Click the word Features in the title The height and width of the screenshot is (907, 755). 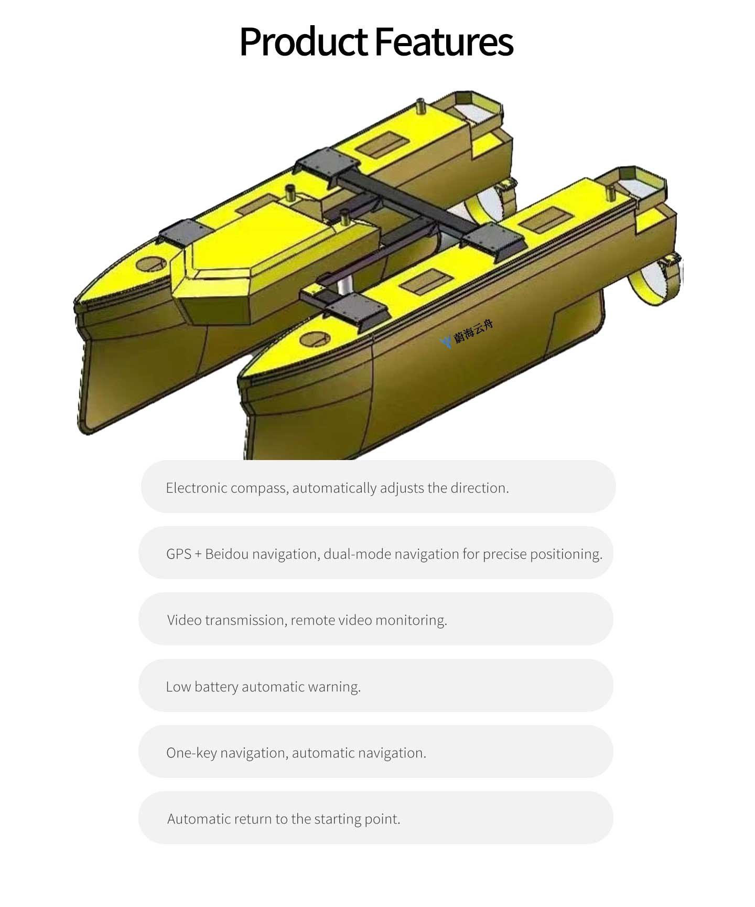(444, 42)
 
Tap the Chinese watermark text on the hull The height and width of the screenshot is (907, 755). (473, 331)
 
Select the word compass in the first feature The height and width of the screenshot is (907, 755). (259, 488)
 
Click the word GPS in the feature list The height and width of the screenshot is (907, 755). (179, 554)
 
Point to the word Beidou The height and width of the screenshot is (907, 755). (226, 554)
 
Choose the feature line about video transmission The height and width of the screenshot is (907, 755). (307, 620)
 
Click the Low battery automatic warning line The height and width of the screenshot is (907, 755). (263, 687)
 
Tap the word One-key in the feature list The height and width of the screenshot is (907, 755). (191, 753)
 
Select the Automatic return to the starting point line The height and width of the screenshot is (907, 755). (284, 819)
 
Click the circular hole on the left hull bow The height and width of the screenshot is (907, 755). (150, 263)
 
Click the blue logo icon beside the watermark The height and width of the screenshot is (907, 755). (446, 342)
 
